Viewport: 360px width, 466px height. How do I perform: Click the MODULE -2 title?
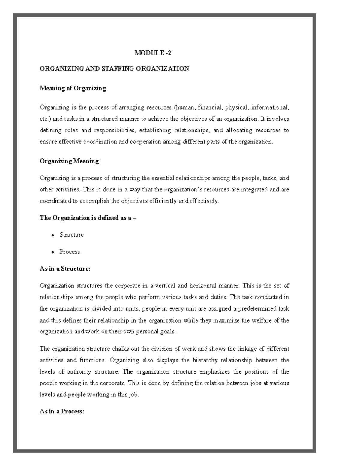point(153,53)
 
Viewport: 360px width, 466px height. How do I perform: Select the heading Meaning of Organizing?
point(73,88)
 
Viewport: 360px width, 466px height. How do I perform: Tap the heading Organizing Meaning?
point(69,161)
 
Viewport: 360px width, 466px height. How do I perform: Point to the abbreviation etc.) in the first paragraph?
point(46,119)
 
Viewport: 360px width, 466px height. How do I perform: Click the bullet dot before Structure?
point(52,235)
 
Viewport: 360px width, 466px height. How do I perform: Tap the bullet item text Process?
point(70,252)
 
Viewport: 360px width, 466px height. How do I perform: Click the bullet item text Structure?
point(71,235)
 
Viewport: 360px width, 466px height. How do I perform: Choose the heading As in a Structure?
point(65,269)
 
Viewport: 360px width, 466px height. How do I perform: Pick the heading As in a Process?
point(62,411)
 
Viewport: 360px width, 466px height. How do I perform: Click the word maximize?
point(226,320)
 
